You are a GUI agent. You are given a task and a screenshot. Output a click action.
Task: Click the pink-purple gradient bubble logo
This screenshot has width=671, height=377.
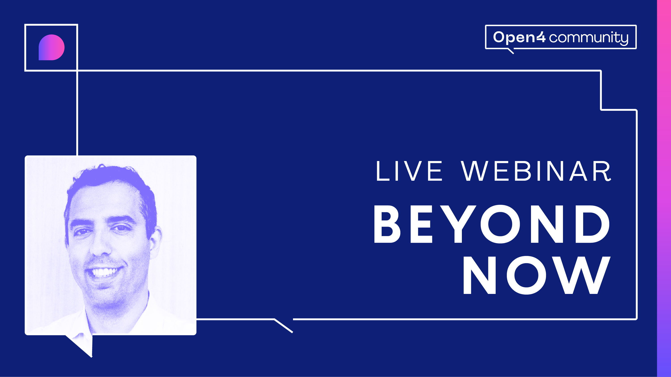pos(52,47)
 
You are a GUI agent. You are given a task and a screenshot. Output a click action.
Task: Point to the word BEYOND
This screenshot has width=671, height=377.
pos(492,224)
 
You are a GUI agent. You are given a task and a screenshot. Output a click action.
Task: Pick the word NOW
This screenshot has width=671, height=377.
pos(537,275)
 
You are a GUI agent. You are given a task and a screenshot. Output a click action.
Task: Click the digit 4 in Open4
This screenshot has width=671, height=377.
pos(541,38)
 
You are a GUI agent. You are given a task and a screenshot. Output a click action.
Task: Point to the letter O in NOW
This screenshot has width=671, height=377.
pos(527,275)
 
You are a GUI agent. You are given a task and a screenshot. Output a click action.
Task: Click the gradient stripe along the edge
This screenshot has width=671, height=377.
pos(664,188)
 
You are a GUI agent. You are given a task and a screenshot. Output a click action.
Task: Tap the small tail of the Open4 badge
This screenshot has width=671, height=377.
pos(511,51)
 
